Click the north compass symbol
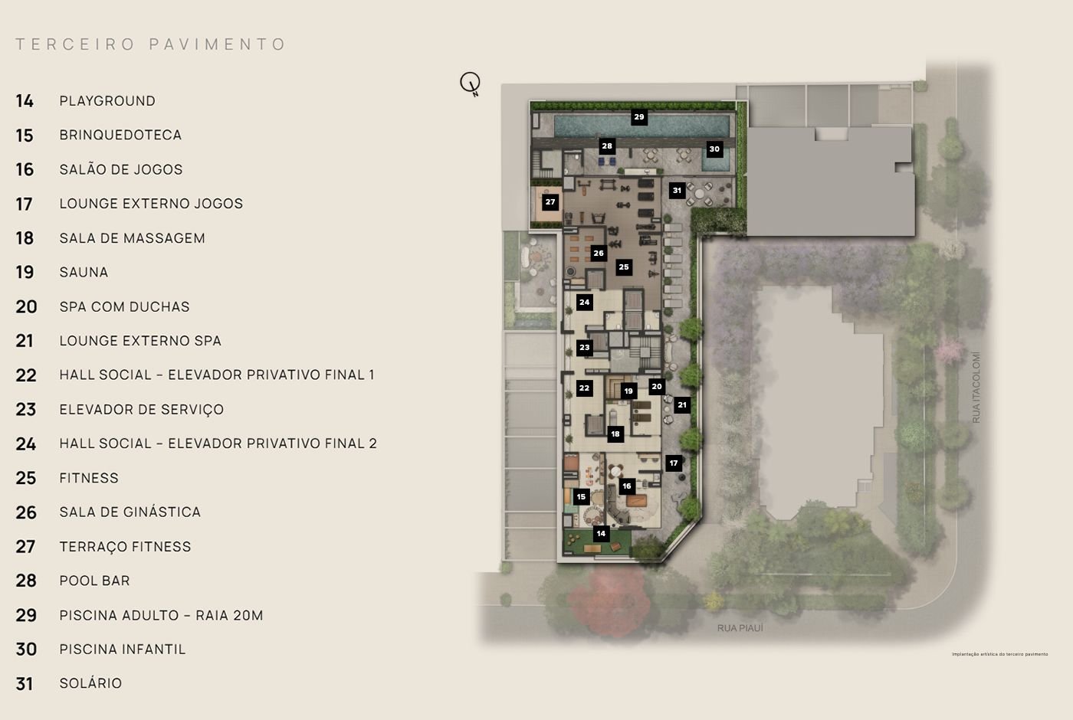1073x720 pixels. pyautogui.click(x=470, y=83)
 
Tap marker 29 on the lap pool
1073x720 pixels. pyautogui.click(x=638, y=117)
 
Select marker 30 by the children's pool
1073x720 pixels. pyautogui.click(x=714, y=149)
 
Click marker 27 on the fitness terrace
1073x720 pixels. pyautogui.click(x=550, y=202)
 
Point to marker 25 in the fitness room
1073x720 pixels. pyautogui.click(x=624, y=267)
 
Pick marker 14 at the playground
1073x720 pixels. pyautogui.click(x=601, y=533)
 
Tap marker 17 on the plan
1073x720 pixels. pyautogui.click(x=674, y=463)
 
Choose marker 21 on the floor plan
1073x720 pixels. pyautogui.click(x=682, y=404)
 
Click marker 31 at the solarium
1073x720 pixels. pyautogui.click(x=677, y=190)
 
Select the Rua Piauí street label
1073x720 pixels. pyautogui.click(x=740, y=628)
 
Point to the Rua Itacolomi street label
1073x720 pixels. pyautogui.click(x=976, y=388)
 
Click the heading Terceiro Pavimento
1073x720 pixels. pyautogui.click(x=151, y=44)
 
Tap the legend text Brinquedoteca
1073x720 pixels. pyautogui.click(x=120, y=135)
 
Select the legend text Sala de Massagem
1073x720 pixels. pyautogui.click(x=132, y=238)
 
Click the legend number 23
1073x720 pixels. pyautogui.click(x=25, y=410)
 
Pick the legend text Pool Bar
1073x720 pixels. pyautogui.click(x=94, y=581)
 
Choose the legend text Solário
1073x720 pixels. pyautogui.click(x=90, y=683)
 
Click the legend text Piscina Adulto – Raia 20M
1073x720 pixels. pyautogui.click(x=161, y=615)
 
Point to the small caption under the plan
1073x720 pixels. pyautogui.click(x=999, y=654)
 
